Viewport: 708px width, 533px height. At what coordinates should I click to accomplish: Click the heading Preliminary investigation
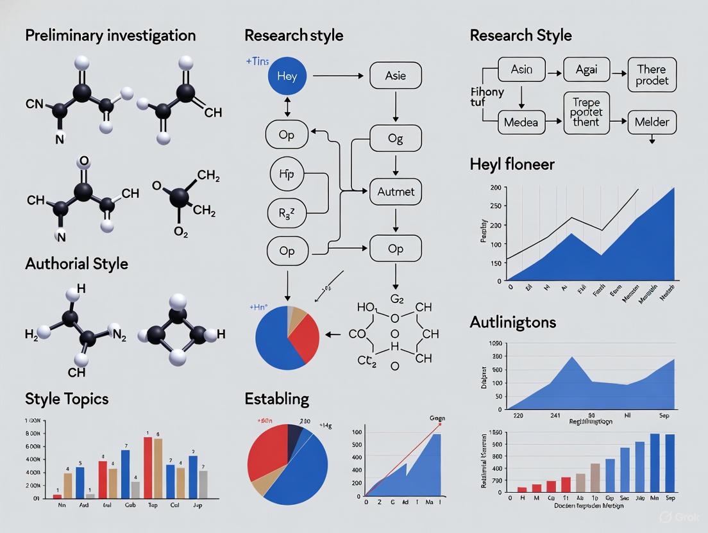click(110, 35)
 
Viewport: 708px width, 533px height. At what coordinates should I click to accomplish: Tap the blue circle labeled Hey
click(287, 76)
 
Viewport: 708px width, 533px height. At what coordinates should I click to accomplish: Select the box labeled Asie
click(396, 76)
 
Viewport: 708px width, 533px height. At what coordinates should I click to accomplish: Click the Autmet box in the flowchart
click(396, 191)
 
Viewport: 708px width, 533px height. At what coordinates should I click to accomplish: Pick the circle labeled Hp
click(287, 173)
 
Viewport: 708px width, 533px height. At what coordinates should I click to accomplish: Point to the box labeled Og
click(396, 138)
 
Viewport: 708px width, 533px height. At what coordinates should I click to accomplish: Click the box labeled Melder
click(652, 122)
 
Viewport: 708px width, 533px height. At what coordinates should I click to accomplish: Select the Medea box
click(521, 122)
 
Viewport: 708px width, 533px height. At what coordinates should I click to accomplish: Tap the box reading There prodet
click(652, 75)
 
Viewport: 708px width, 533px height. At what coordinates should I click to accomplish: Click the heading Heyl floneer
click(512, 165)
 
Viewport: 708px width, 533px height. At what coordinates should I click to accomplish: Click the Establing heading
click(276, 398)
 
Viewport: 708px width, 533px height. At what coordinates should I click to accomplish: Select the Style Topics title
click(67, 398)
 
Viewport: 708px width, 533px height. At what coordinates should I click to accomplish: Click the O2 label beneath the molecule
click(181, 233)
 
